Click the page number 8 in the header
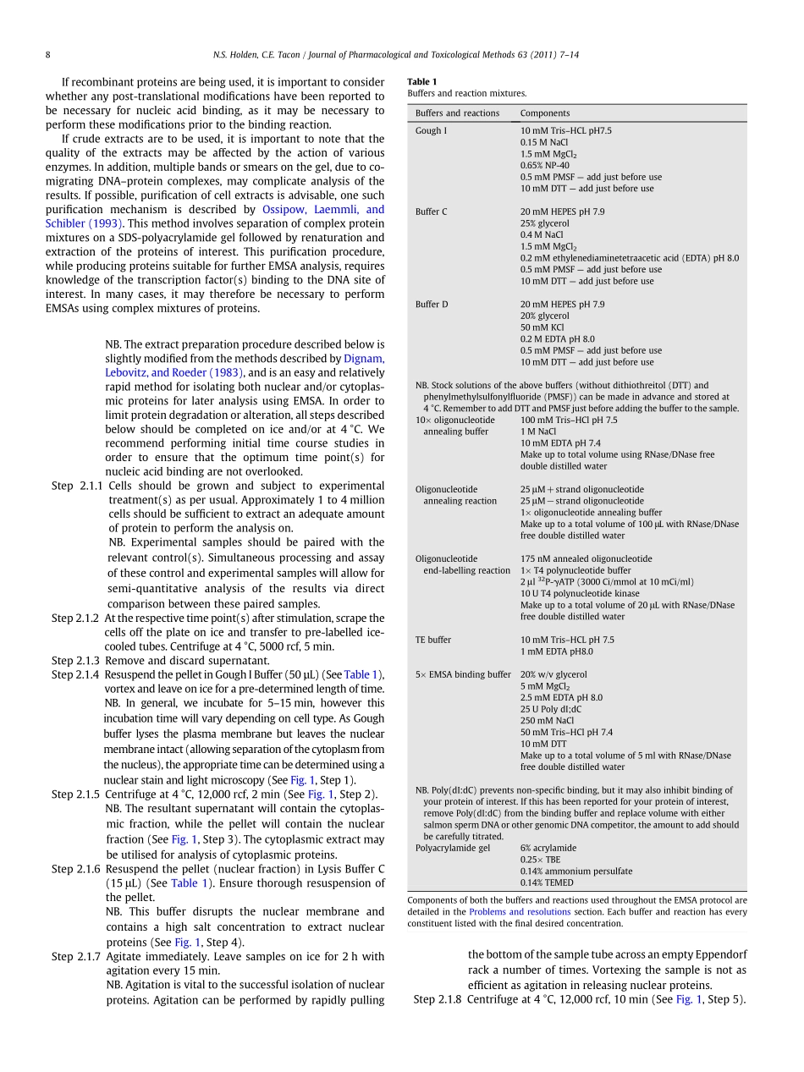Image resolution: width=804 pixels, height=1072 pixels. (48, 55)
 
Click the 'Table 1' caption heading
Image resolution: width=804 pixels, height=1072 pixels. (422, 82)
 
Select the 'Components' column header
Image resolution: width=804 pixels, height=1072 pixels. (544, 113)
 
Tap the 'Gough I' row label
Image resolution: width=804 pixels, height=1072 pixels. (431, 131)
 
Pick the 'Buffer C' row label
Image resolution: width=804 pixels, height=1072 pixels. (432, 212)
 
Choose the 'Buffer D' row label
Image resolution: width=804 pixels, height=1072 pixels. (432, 305)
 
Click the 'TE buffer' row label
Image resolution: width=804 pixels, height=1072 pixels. (433, 640)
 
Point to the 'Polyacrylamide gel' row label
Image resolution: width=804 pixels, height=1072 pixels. (452, 848)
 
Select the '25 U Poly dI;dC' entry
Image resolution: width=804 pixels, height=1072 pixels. (551, 709)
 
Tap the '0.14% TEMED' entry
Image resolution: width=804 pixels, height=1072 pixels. (546, 882)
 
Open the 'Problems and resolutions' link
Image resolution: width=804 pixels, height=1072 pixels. (520, 912)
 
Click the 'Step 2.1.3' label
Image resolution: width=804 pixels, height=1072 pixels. (75, 661)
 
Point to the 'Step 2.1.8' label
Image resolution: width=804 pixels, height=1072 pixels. (438, 999)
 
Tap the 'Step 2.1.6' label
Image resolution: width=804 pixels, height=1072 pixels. (75, 869)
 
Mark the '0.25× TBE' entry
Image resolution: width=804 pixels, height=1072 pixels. (540, 860)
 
